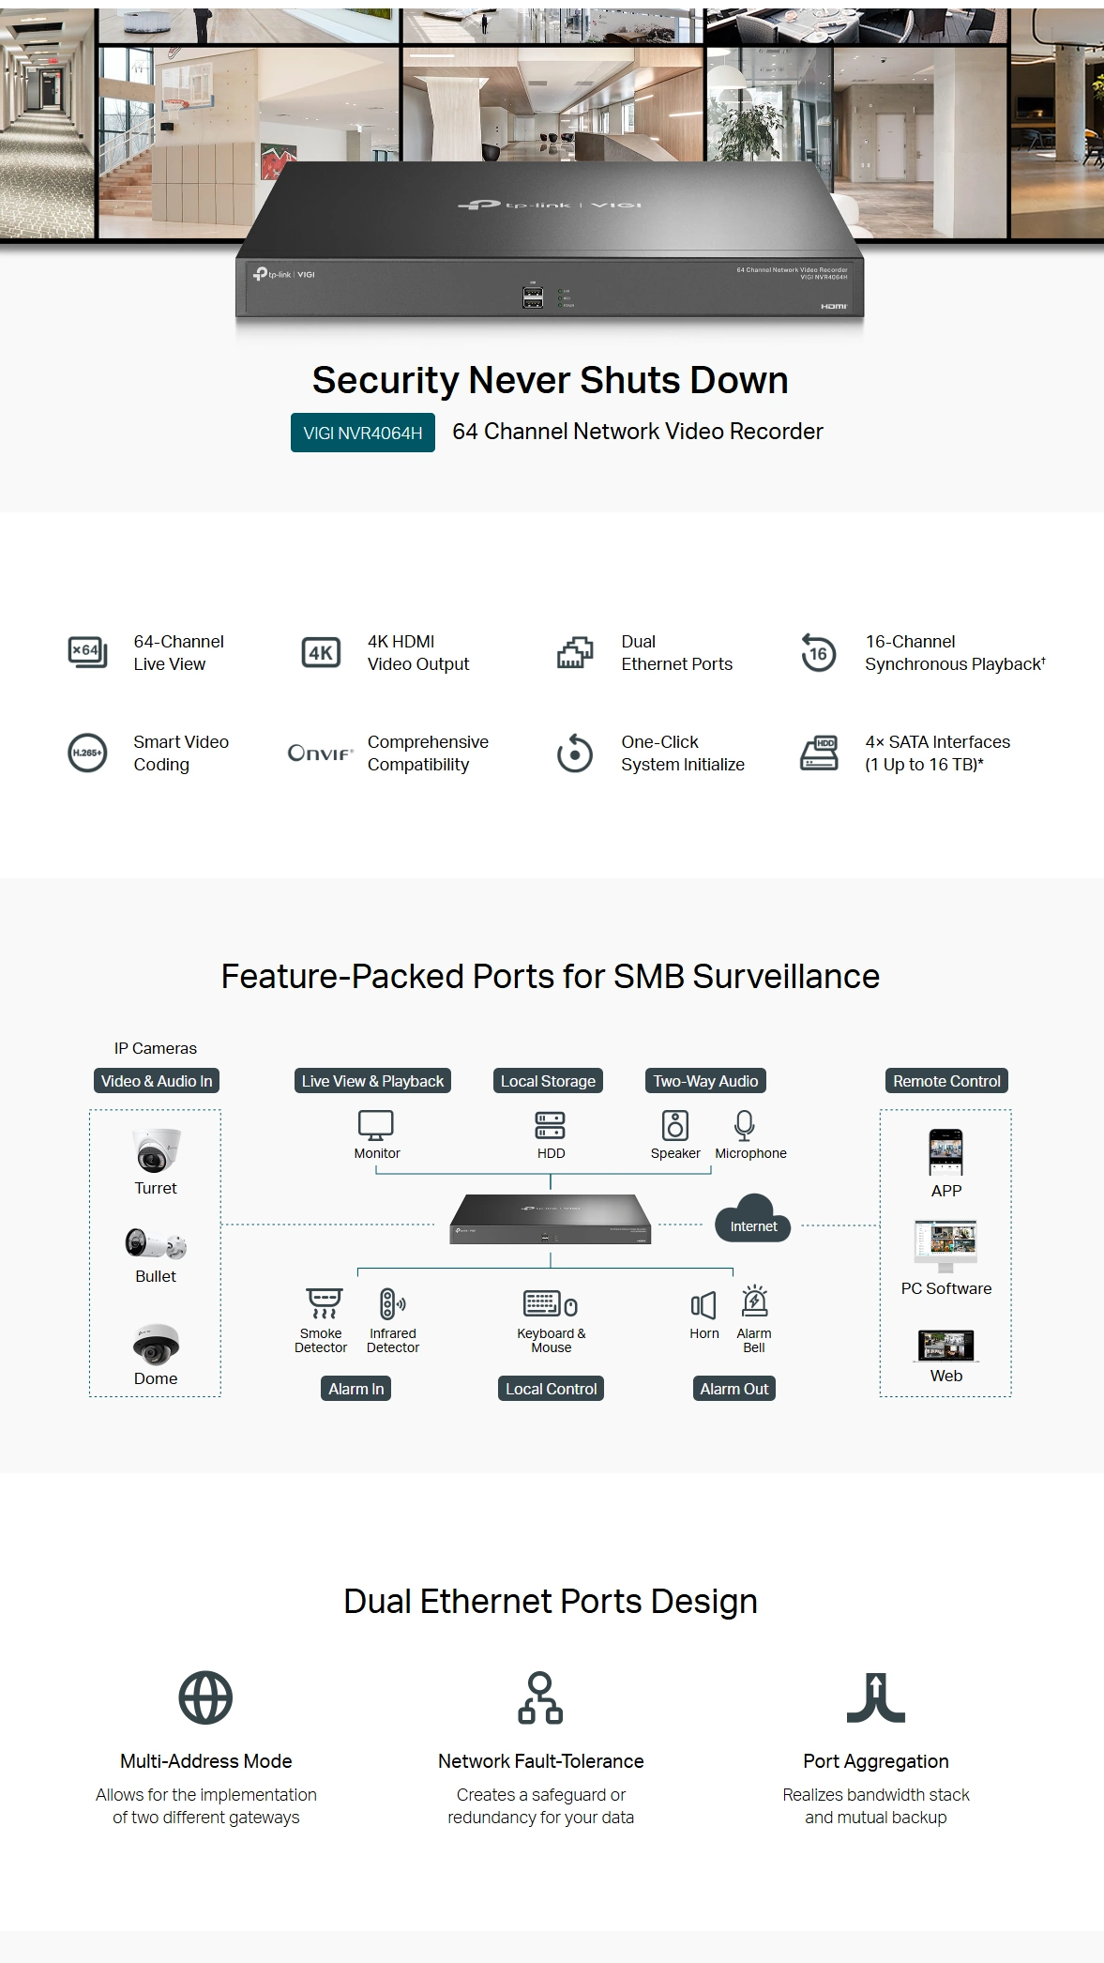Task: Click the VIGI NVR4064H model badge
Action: point(363,433)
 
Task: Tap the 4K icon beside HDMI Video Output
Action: point(321,652)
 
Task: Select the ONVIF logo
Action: point(321,753)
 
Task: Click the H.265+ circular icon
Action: point(87,753)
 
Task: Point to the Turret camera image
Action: point(156,1150)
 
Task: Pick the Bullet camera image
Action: point(156,1243)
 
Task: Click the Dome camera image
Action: point(156,1344)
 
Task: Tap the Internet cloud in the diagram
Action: point(753,1219)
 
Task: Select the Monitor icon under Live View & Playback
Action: point(376,1125)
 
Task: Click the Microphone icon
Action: point(745,1125)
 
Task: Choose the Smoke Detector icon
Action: point(325,1303)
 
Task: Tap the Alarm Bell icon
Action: point(755,1301)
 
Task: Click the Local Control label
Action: point(551,1389)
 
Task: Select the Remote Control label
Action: point(946,1081)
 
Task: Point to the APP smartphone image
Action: point(945,1152)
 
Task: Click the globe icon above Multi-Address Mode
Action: point(205,1697)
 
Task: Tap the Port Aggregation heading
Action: point(876,1761)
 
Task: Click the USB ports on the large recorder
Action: point(533,297)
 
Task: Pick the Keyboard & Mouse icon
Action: point(551,1304)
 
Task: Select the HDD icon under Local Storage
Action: point(551,1125)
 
